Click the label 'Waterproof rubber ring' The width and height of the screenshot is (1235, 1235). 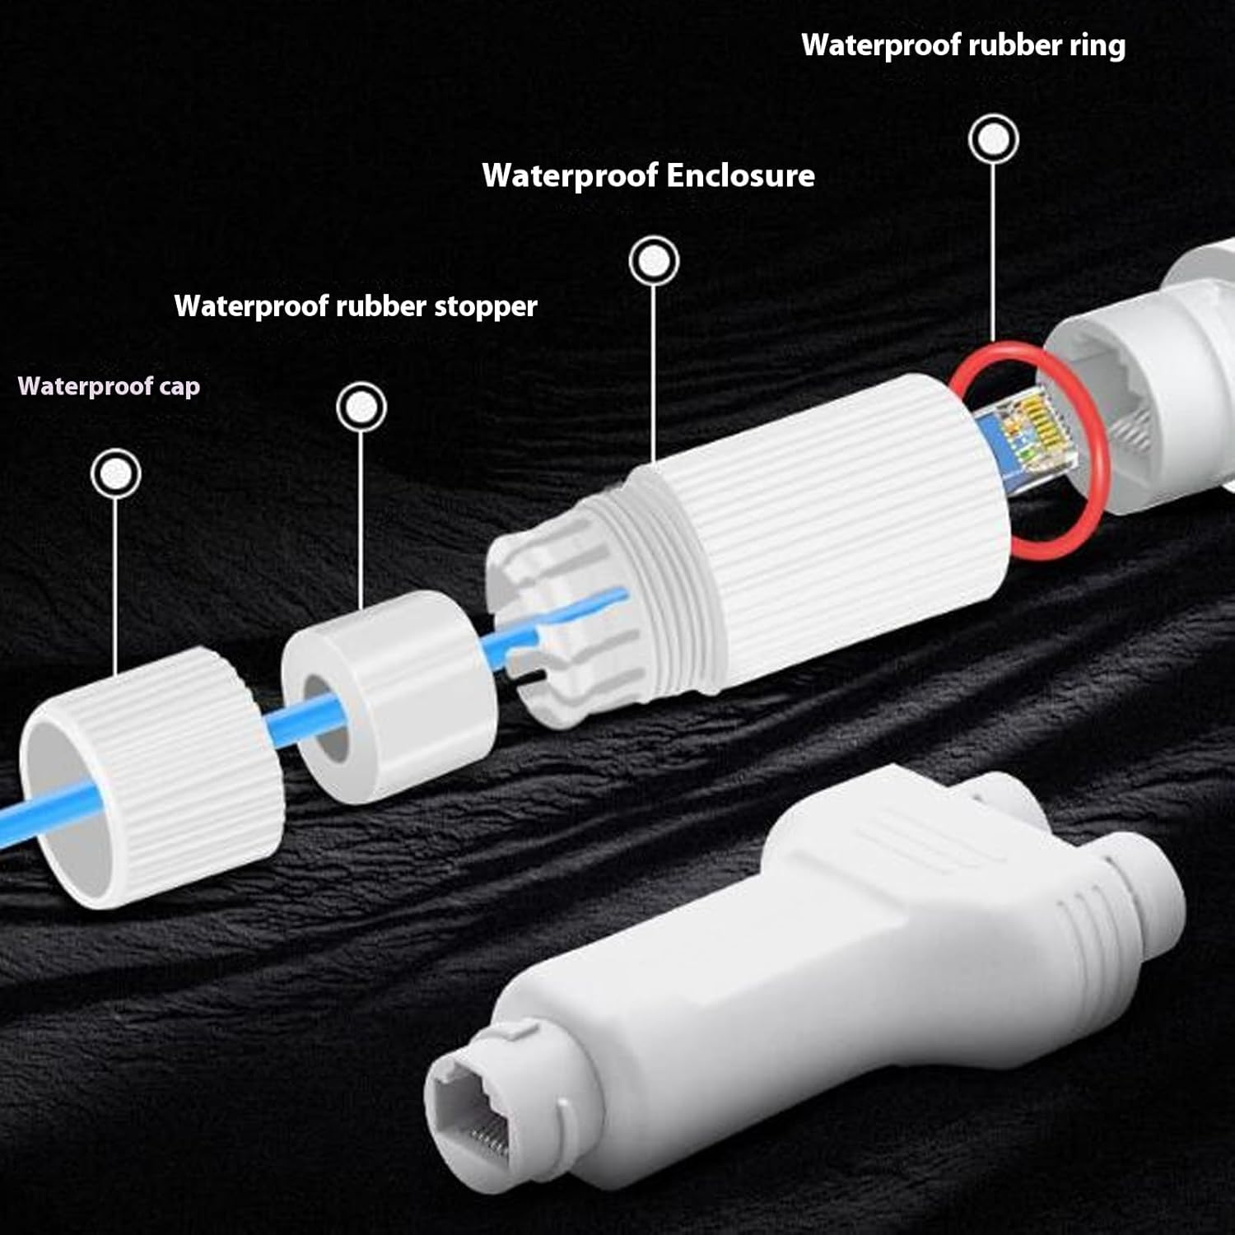(x=963, y=45)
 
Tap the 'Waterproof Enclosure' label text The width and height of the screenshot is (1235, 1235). (x=649, y=175)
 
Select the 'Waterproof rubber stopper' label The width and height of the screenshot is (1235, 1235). (x=356, y=306)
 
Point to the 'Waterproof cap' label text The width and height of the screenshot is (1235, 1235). (x=109, y=386)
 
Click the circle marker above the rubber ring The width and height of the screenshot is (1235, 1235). (x=994, y=139)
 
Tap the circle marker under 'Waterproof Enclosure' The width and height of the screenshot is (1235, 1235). (x=654, y=261)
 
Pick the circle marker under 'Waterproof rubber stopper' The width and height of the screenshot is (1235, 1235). (x=361, y=407)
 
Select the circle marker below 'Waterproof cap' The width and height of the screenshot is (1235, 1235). (x=116, y=473)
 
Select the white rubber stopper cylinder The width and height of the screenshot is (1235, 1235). (x=387, y=696)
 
